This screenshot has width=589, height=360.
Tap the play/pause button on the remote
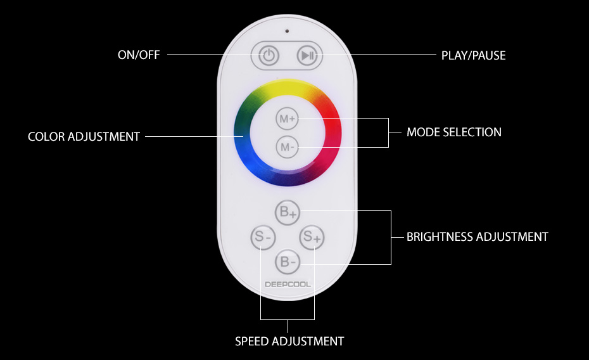click(308, 56)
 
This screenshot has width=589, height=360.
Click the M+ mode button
click(288, 119)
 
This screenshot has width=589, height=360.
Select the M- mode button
click(288, 147)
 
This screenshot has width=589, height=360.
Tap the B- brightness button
click(288, 262)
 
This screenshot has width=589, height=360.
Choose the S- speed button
click(263, 237)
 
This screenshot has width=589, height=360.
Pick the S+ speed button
click(312, 237)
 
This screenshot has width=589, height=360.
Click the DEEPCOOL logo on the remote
click(288, 285)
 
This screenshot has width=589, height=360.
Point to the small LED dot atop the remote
click(288, 31)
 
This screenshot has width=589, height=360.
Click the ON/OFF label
click(139, 55)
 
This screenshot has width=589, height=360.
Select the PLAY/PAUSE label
click(473, 56)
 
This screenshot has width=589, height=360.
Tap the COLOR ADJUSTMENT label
click(84, 136)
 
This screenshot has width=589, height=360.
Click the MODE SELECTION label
click(453, 132)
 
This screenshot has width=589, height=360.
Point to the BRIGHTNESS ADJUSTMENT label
click(478, 237)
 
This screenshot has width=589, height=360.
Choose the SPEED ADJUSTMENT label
click(289, 341)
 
